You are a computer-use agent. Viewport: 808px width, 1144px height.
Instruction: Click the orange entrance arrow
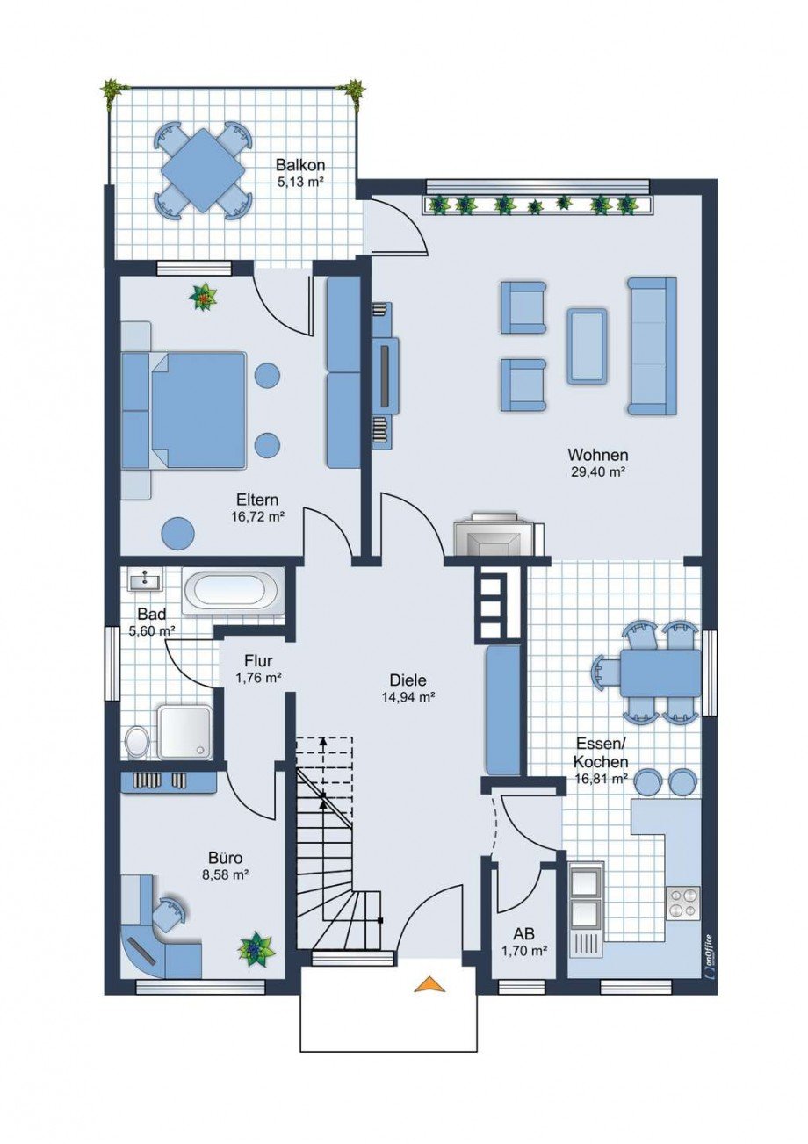pyautogui.click(x=429, y=984)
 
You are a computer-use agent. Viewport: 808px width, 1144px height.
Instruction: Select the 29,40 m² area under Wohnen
pyautogui.click(x=597, y=471)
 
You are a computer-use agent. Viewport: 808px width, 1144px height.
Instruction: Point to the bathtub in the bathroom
pyautogui.click(x=234, y=590)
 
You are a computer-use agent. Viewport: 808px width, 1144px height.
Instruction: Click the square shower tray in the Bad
pyautogui.click(x=184, y=731)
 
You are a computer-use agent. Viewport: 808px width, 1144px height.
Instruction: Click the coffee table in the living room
pyautogui.click(x=586, y=345)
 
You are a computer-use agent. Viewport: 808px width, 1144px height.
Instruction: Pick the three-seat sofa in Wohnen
pyautogui.click(x=651, y=345)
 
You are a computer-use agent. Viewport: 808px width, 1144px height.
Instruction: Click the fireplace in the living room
pyautogui.click(x=490, y=536)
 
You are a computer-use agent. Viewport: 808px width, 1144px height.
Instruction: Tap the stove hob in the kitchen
pyautogui.click(x=683, y=903)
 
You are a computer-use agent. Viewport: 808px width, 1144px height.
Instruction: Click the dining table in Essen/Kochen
pyautogui.click(x=660, y=673)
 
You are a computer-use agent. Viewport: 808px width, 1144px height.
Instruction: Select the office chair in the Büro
pyautogui.click(x=169, y=910)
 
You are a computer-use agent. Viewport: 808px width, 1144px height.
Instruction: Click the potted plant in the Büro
pyautogui.click(x=256, y=949)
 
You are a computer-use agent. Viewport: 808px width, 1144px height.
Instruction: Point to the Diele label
pyautogui.click(x=408, y=680)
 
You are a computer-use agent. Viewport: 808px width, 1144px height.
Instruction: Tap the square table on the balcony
pyautogui.click(x=203, y=170)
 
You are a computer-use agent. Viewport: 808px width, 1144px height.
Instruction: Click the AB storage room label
pyautogui.click(x=523, y=935)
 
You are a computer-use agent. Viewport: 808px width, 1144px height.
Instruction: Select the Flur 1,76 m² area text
pyautogui.click(x=258, y=677)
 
